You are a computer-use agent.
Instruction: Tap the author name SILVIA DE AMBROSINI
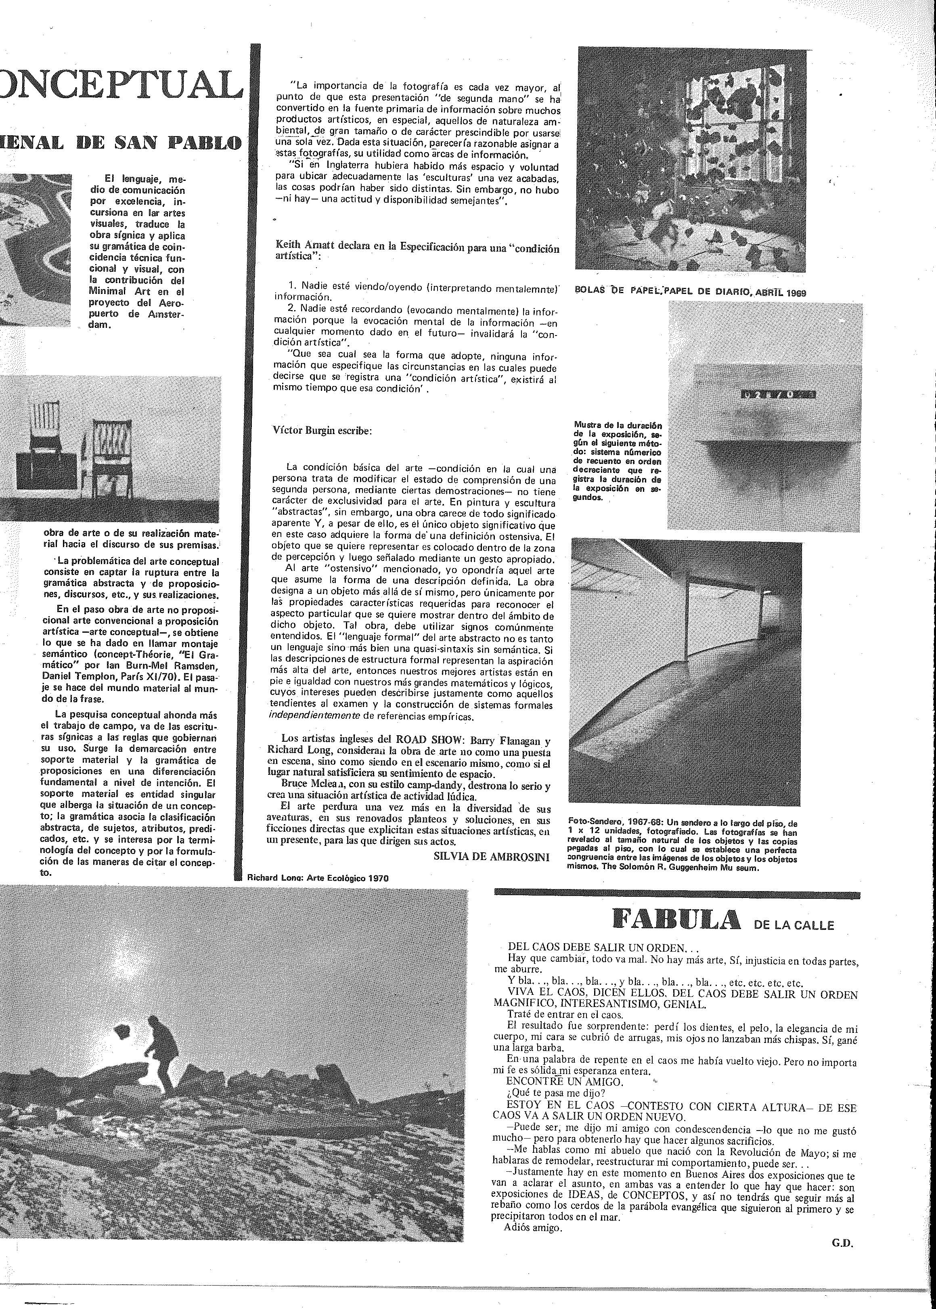[491, 856]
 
